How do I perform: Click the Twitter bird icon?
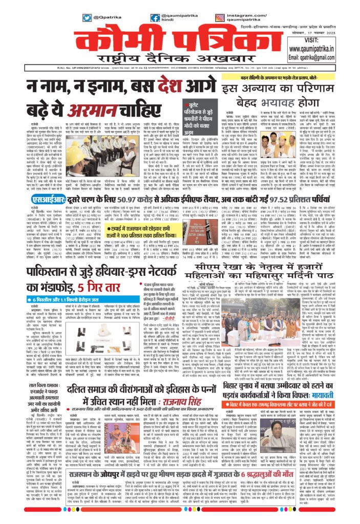87,18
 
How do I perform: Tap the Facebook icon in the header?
155,18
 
